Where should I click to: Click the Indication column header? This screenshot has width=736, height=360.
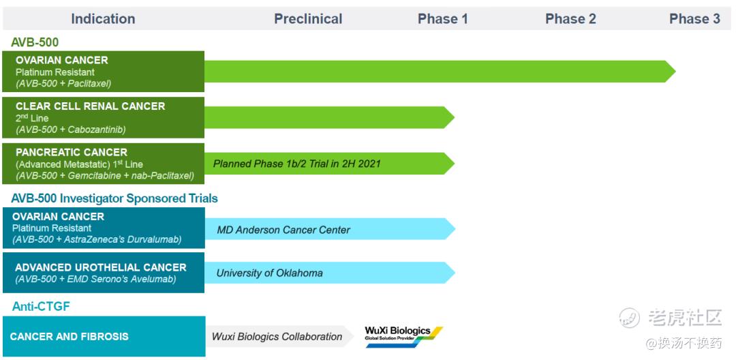point(103,19)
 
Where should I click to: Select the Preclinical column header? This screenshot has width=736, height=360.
point(308,19)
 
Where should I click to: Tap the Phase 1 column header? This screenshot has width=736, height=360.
point(443,19)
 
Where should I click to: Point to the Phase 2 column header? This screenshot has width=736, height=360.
point(570,19)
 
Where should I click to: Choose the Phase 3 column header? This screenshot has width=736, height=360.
point(694,19)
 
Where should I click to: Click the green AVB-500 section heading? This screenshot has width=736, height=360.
point(35,42)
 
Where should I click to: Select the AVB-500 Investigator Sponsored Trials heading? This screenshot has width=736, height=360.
point(114,198)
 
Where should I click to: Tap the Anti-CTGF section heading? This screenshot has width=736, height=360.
point(41,307)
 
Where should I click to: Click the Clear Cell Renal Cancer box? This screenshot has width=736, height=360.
point(104,117)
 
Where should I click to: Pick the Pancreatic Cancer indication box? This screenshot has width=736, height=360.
point(104,164)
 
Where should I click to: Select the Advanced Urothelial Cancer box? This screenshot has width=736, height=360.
point(104,273)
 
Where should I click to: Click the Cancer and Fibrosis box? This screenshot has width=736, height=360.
point(104,337)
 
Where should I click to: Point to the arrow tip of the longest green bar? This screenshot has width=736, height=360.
point(675,72)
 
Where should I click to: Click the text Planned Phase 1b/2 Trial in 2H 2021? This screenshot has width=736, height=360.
point(296,164)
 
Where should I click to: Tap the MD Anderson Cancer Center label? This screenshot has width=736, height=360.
point(283,230)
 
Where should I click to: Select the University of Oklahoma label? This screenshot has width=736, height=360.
point(269,273)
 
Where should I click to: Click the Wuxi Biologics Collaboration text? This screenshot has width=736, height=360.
point(277,337)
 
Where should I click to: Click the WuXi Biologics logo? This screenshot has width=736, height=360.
point(403,337)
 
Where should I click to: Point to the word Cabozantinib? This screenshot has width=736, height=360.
point(96,130)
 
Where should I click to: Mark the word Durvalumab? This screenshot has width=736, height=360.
point(155,239)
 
